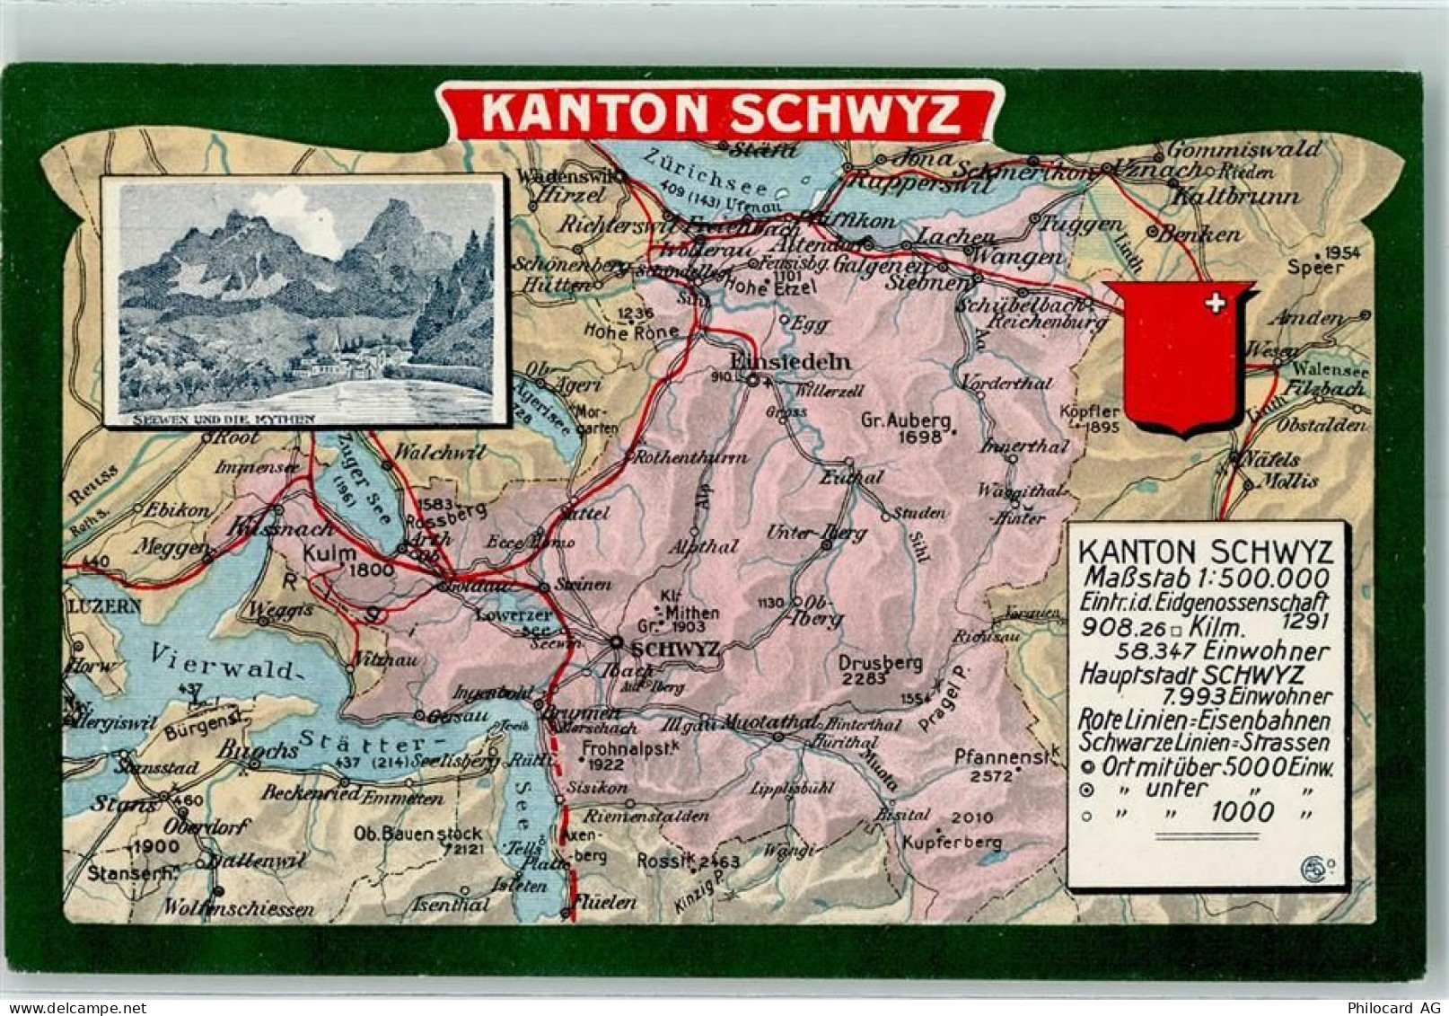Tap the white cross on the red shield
[x=1215, y=304]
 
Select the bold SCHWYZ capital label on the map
[x=674, y=649]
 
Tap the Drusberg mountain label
[x=880, y=663]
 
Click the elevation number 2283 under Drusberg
[x=864, y=679]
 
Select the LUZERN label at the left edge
[x=102, y=606]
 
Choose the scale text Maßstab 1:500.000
[x=1207, y=577]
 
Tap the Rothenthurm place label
[x=690, y=457]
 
